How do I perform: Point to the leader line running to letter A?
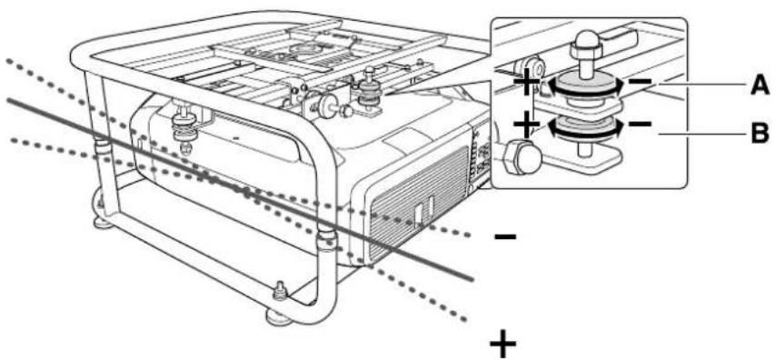click(700, 86)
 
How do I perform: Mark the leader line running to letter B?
click(700, 136)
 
